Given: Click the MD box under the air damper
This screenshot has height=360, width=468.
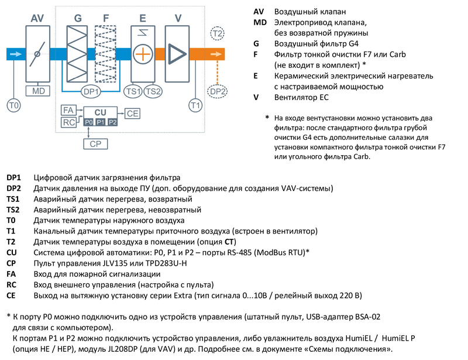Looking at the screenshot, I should (39, 91).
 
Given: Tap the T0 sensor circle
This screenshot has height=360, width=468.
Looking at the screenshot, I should (13, 105).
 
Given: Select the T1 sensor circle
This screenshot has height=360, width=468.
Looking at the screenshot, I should (196, 105).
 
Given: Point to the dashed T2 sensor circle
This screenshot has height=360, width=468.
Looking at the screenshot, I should (217, 33).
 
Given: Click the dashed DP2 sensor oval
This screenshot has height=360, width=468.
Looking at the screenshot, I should (217, 91).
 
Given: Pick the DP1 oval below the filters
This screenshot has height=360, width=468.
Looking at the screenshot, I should (91, 92).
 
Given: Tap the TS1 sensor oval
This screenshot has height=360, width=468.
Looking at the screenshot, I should (133, 91).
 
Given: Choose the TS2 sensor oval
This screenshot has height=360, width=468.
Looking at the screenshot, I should (153, 91).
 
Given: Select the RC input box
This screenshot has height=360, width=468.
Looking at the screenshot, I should (69, 122).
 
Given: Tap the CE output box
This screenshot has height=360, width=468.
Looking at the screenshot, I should (133, 114).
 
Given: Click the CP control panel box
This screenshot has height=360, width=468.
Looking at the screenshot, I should (95, 143).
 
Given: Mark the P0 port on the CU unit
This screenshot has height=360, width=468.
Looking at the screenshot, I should (88, 122).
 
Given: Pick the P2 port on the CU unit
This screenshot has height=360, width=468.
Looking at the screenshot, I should (113, 122).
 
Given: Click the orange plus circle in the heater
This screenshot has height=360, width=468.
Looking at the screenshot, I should (143, 54).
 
